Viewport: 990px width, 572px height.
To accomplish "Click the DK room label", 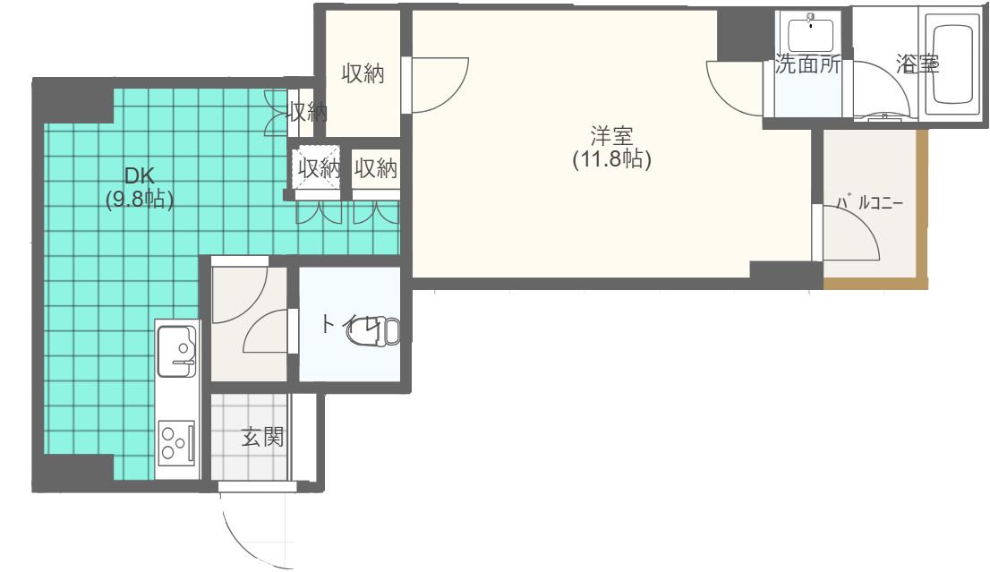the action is pyautogui.click(x=140, y=175).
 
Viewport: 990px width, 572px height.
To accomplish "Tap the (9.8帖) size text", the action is pyautogui.click(x=140, y=199).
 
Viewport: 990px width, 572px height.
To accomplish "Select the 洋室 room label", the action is pyautogui.click(x=611, y=136).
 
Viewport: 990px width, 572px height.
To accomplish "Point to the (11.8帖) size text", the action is pyautogui.click(x=611, y=158).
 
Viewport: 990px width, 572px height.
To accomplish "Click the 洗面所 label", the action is pyautogui.click(x=807, y=64).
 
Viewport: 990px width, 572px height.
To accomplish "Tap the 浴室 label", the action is pyautogui.click(x=917, y=64).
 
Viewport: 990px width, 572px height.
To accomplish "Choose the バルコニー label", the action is pyautogui.click(x=870, y=202).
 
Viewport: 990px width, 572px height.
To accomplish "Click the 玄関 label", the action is pyautogui.click(x=262, y=436).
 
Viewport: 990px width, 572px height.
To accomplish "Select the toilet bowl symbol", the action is pyautogui.click(x=374, y=331).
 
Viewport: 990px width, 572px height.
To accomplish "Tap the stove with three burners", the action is pyautogui.click(x=176, y=442).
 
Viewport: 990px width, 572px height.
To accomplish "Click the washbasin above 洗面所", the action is pyautogui.click(x=811, y=33).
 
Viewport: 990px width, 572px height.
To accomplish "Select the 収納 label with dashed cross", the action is pyautogui.click(x=319, y=168).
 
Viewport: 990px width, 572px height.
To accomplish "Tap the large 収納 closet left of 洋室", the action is pyautogui.click(x=363, y=74).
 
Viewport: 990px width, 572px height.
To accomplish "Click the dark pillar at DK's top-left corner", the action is pyautogui.click(x=73, y=101).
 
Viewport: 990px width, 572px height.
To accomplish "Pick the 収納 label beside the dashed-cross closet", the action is pyautogui.click(x=376, y=168).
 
